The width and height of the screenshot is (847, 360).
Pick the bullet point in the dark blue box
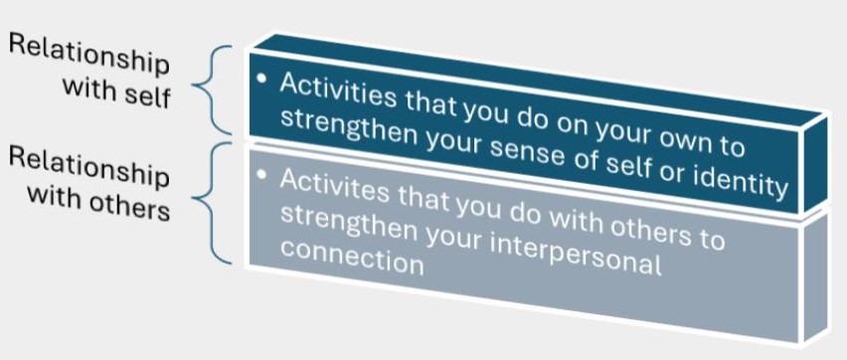[x=262, y=79]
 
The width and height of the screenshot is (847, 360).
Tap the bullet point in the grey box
[x=262, y=175]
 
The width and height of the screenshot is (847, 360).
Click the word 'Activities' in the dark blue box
[x=338, y=90]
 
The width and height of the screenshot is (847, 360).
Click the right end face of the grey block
[x=815, y=275]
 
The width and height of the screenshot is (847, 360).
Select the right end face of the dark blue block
[x=815, y=162]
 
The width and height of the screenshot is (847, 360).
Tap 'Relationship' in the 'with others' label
[x=89, y=165]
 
